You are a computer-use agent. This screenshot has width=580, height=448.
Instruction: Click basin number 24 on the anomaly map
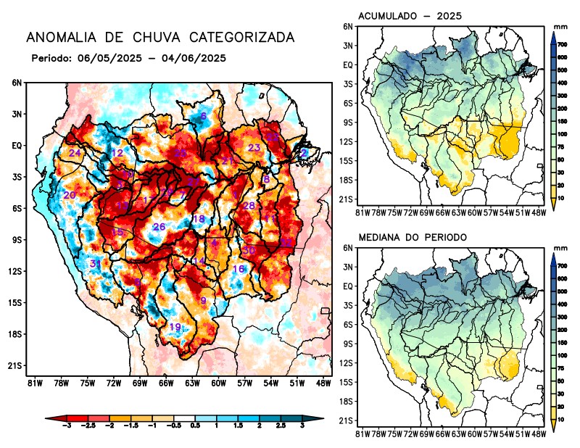[x=75, y=153]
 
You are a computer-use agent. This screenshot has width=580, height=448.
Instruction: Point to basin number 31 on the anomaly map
[x=95, y=263]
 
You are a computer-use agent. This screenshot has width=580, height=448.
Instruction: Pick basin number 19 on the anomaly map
[x=175, y=327]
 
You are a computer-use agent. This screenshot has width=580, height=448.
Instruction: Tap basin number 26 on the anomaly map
[x=159, y=227]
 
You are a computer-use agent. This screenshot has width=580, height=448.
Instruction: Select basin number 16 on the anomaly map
[x=239, y=269]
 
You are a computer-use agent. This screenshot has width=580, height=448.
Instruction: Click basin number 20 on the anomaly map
[x=70, y=195]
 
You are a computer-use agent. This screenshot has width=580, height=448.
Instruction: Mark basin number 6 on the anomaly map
[x=203, y=116]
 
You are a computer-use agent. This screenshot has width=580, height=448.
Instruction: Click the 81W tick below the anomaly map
[x=33, y=382]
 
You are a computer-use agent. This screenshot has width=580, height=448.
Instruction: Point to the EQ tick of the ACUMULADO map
[x=348, y=64]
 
